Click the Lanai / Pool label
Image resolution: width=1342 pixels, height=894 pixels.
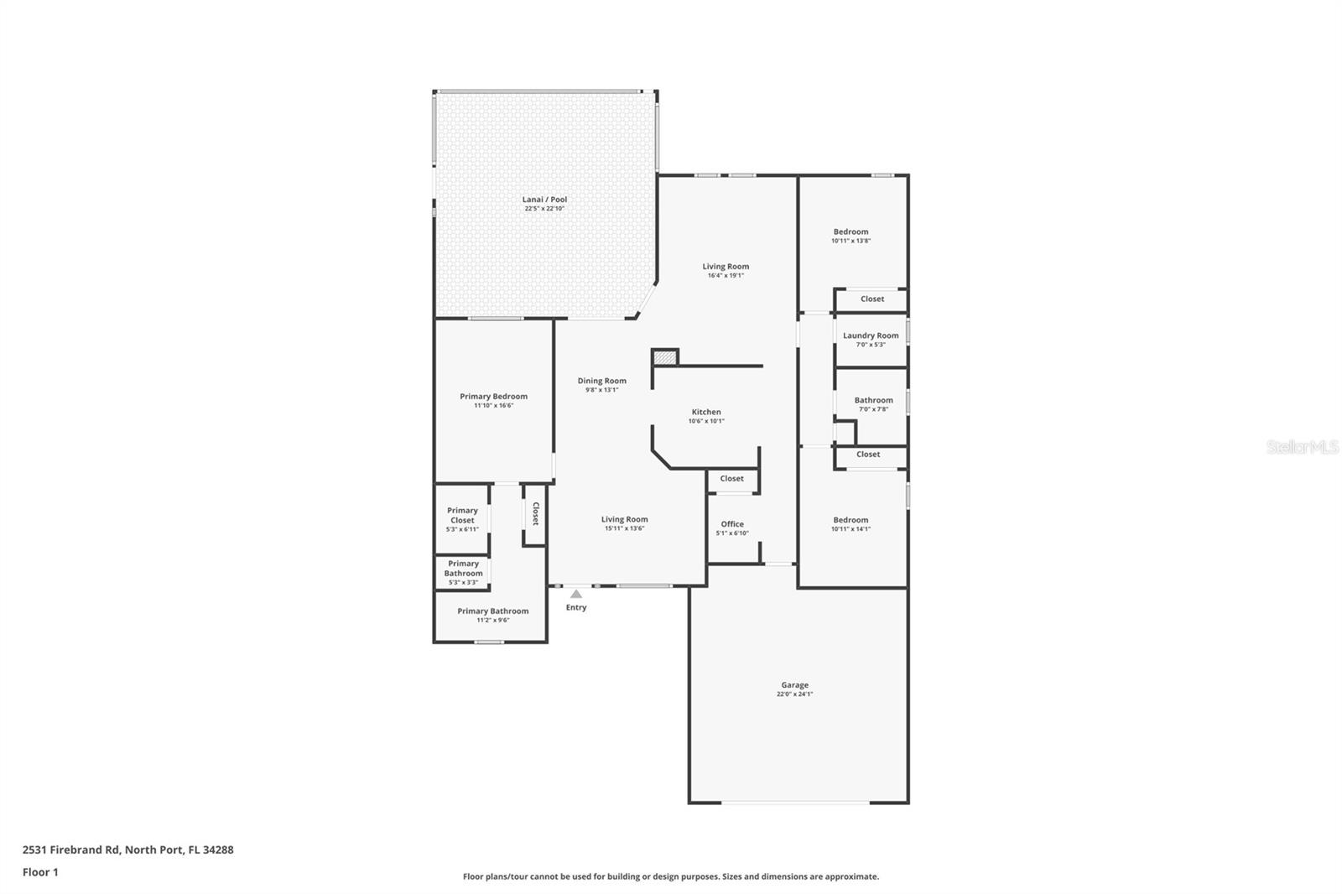click(x=544, y=200)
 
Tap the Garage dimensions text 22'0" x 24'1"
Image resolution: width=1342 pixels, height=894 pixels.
click(x=794, y=694)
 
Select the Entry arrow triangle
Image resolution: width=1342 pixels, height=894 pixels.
click(x=575, y=594)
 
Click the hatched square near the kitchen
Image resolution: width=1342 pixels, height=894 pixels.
click(x=664, y=357)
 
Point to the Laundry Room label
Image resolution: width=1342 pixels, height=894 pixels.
click(x=871, y=335)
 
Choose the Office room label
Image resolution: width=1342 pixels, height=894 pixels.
click(x=731, y=524)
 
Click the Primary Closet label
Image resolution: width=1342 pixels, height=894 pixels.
click(x=462, y=515)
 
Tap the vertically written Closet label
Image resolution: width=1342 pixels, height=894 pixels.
click(x=535, y=513)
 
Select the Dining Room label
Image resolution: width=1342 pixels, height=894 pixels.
click(x=601, y=381)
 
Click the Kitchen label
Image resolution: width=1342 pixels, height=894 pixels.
click(x=705, y=412)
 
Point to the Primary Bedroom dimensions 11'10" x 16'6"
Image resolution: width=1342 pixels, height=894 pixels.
click(x=493, y=406)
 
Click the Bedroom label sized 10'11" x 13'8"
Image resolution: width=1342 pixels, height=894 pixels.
click(x=850, y=231)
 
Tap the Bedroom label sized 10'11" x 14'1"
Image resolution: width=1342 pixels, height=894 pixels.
click(x=850, y=520)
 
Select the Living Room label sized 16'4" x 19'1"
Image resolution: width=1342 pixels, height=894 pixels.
click(x=726, y=267)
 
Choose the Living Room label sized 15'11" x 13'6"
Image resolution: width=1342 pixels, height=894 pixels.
click(x=624, y=519)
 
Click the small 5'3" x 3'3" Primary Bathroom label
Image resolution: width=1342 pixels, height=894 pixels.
click(x=463, y=569)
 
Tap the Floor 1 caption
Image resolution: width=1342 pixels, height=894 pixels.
click(x=40, y=872)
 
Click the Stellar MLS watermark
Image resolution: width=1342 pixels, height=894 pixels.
click(x=1302, y=447)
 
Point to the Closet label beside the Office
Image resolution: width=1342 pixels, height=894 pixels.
click(x=731, y=479)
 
